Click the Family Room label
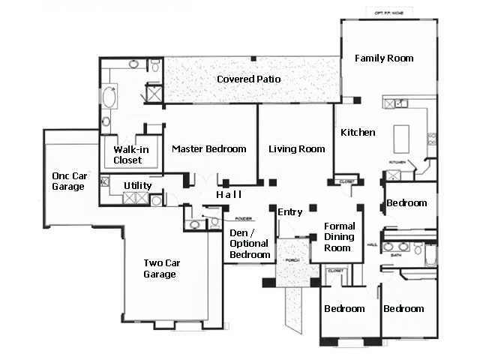[x=384, y=58]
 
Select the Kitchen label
[x=358, y=133]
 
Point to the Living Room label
[x=296, y=149]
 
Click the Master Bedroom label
[x=208, y=149]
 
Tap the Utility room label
[x=138, y=186]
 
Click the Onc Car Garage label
[x=67, y=181]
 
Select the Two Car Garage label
[x=160, y=268]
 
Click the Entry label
[x=289, y=212]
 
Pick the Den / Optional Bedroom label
[x=250, y=244]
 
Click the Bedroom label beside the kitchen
[x=406, y=203]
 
